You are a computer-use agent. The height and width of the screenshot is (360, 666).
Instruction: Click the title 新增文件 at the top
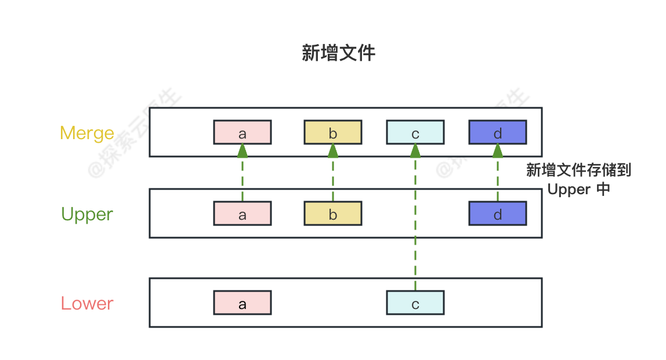pos(338,53)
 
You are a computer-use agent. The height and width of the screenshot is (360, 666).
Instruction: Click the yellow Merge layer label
pos(87,133)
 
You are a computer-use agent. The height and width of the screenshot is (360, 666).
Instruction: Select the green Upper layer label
pos(87,214)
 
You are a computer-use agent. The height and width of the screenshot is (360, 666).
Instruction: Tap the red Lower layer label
pos(87,303)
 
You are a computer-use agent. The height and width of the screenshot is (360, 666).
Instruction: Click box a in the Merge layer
pos(242,133)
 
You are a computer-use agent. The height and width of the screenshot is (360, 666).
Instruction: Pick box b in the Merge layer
pos(333,133)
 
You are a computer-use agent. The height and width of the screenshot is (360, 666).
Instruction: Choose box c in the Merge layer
pos(415,133)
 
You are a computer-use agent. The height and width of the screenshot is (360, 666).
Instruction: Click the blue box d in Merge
pos(498,133)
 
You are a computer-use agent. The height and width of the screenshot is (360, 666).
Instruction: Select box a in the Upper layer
pos(242,214)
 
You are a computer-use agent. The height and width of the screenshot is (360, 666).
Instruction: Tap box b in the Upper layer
pos(333,214)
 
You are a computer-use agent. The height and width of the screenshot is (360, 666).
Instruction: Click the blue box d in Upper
pos(498,214)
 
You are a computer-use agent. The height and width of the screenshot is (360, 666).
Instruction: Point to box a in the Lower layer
pos(242,303)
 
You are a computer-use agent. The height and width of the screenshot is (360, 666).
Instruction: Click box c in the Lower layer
pos(415,303)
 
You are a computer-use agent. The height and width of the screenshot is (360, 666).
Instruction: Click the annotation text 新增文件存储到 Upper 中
pos(578,180)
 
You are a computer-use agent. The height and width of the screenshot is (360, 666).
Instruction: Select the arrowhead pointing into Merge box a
pos(242,151)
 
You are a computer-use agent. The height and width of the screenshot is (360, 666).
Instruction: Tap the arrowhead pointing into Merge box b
pos(333,151)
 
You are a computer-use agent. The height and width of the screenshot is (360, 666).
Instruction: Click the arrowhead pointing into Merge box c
pos(415,151)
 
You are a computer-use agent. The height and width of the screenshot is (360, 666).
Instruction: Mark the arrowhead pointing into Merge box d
pos(498,151)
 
